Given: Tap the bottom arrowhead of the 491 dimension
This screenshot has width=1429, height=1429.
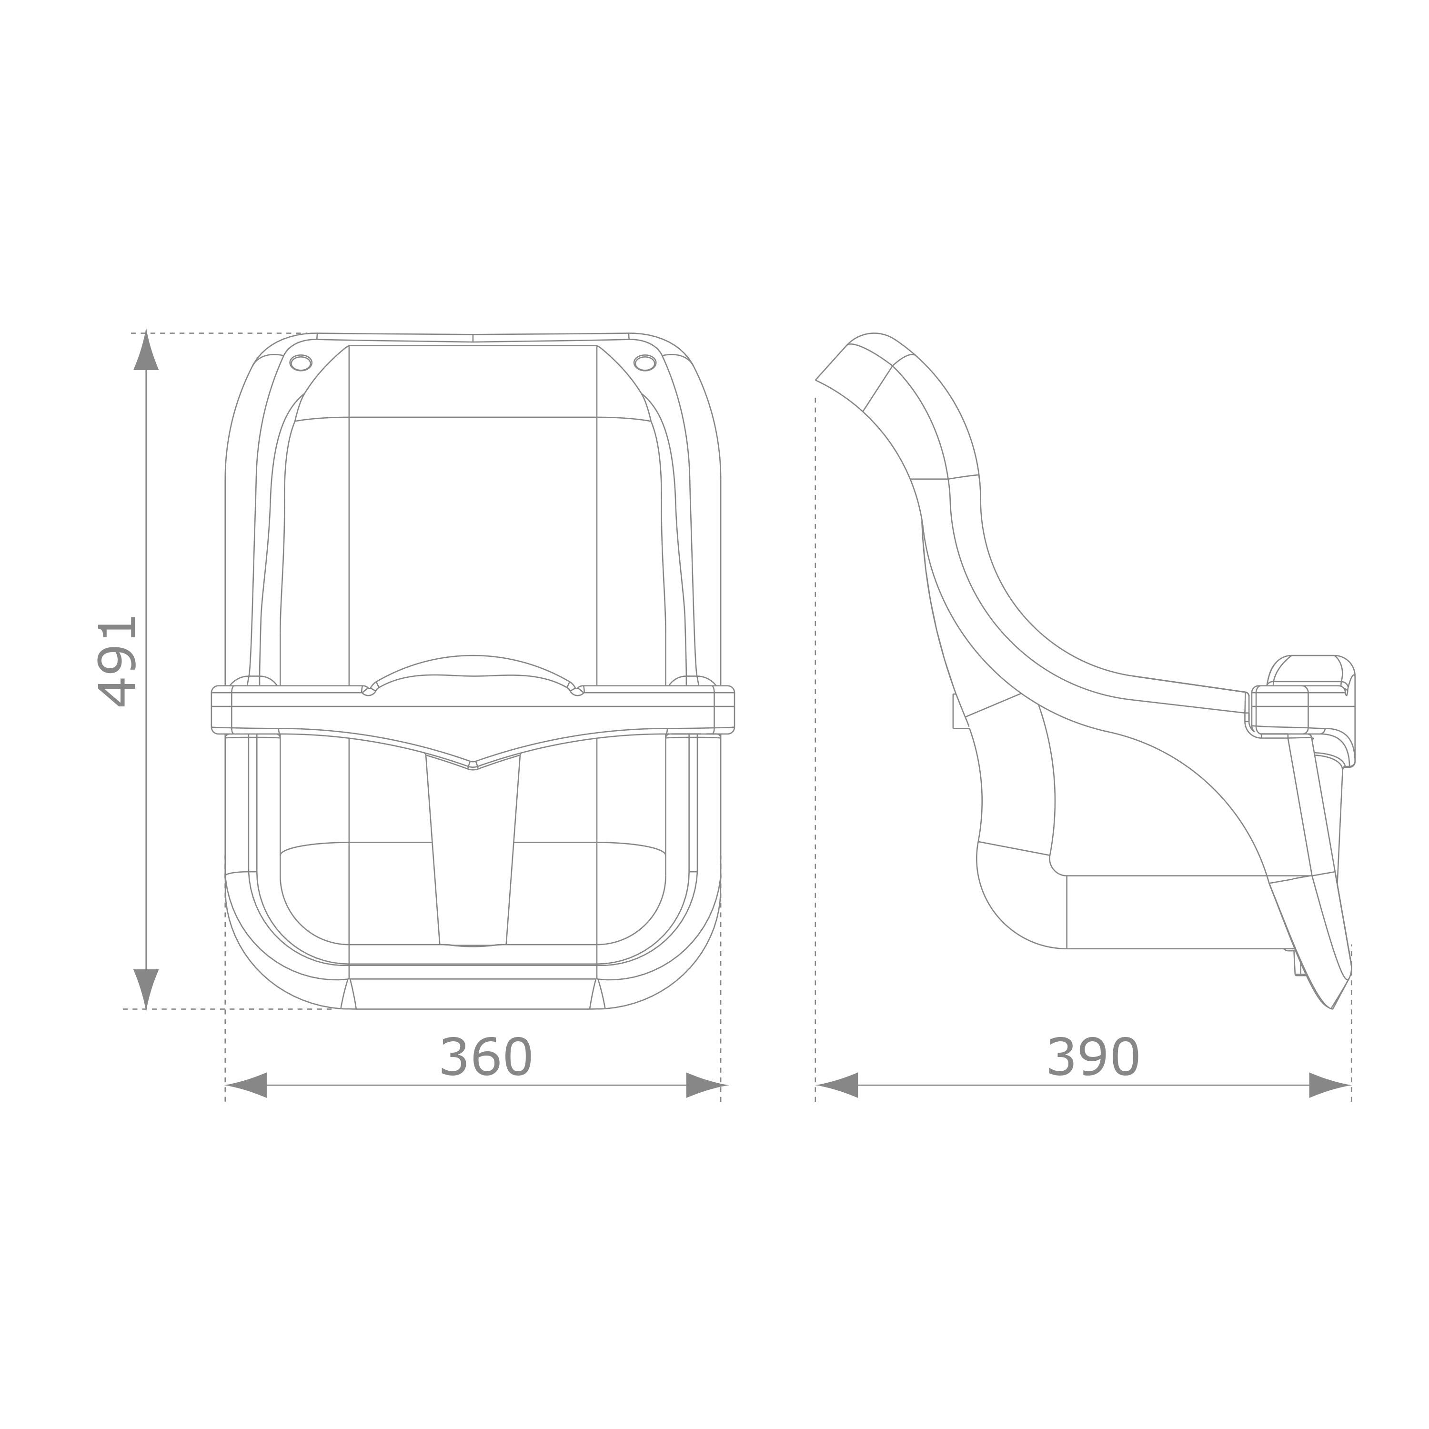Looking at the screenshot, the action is [146, 989].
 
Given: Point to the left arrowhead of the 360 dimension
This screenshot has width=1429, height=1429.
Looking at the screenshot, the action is [246, 1085].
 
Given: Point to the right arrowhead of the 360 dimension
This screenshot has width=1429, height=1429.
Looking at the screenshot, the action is [706, 1085].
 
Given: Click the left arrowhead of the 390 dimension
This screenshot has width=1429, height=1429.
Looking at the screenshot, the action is [836, 1085].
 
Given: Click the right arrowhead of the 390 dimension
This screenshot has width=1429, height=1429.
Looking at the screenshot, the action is [1330, 1085].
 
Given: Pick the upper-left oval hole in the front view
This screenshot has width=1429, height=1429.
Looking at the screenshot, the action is [300, 362].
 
